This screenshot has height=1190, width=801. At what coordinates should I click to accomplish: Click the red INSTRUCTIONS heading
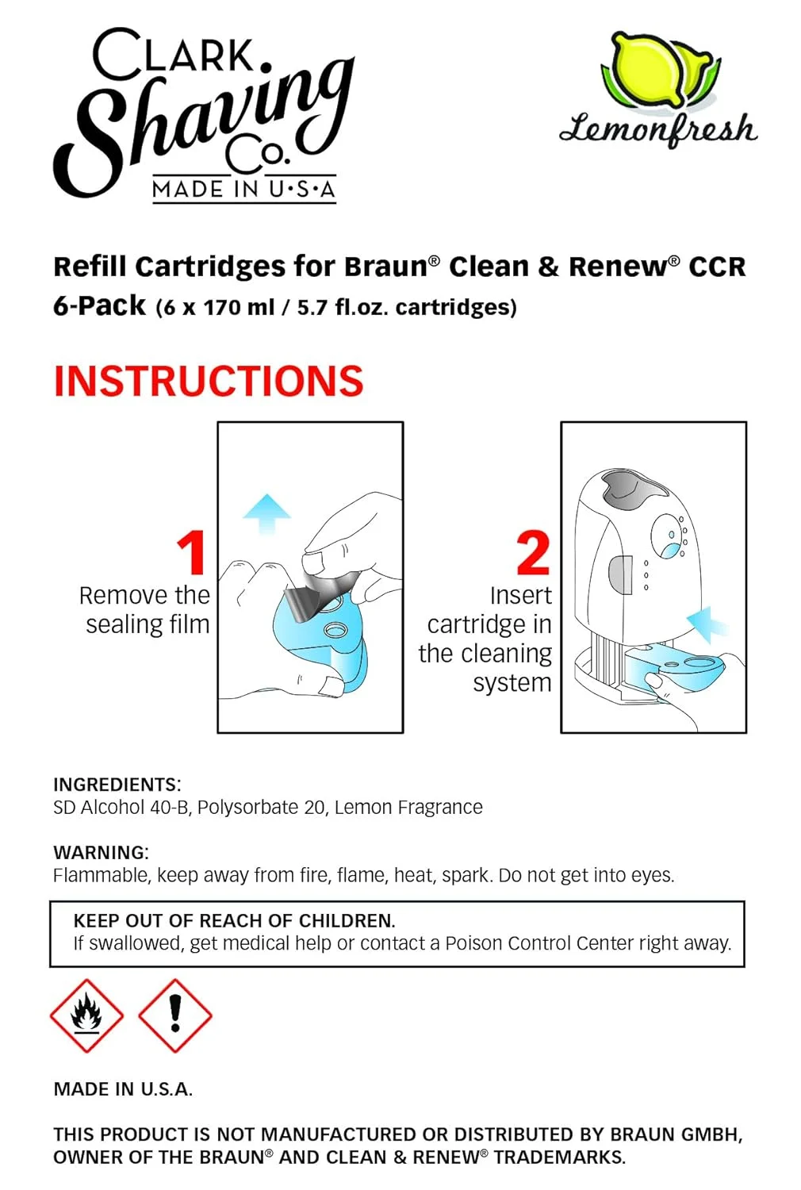click(x=208, y=382)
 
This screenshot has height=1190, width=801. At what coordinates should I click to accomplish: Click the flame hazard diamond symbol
click(x=86, y=1015)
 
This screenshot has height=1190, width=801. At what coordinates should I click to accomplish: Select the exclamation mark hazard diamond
click(x=175, y=1015)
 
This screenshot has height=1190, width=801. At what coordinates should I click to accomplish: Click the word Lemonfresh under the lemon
click(x=658, y=129)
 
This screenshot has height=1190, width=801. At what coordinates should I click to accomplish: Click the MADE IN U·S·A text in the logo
click(x=243, y=190)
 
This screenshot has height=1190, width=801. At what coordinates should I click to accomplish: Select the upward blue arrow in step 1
click(x=266, y=513)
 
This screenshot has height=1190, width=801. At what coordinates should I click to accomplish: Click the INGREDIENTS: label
click(x=117, y=785)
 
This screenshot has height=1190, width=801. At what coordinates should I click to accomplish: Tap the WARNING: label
click(x=101, y=853)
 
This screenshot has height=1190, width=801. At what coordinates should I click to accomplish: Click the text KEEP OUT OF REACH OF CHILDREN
click(x=234, y=921)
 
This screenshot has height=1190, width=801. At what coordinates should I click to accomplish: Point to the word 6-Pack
click(x=99, y=306)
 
